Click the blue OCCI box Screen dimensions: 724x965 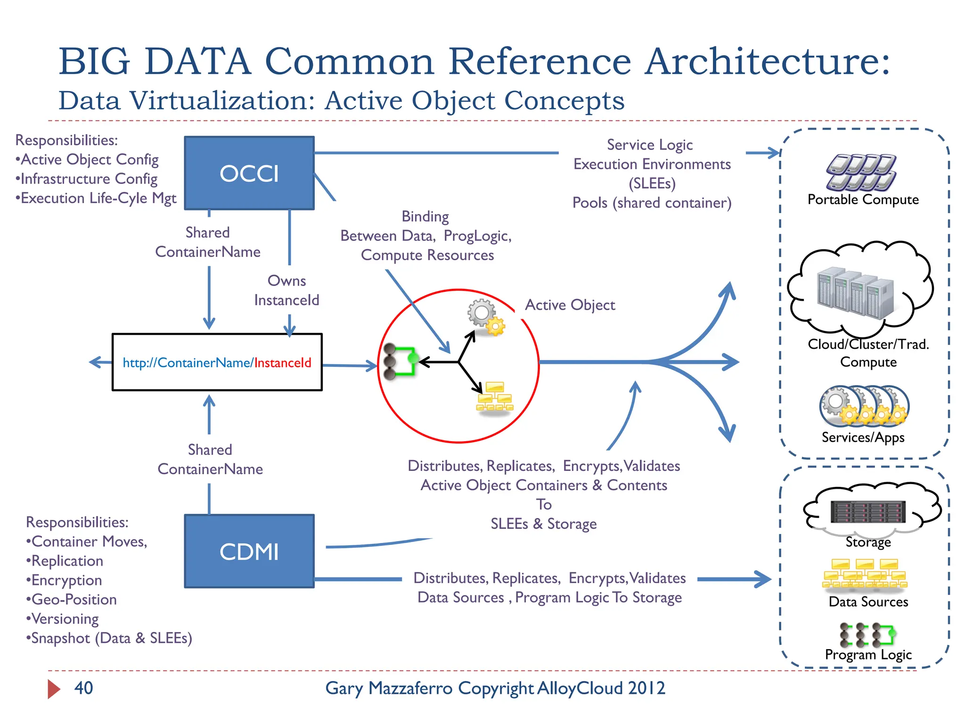tap(249, 173)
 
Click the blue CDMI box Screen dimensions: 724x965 tap(249, 551)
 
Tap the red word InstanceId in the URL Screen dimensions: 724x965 tap(283, 362)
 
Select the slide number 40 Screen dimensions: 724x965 tap(83, 688)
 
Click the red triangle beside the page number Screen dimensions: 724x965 tap(53, 689)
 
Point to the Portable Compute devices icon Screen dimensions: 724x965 tap(861, 172)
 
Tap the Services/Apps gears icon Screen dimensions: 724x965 tap(863, 406)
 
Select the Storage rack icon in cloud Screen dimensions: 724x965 tap(867, 512)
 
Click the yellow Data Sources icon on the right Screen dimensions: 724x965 tap(865, 574)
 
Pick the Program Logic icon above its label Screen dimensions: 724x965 tap(867, 634)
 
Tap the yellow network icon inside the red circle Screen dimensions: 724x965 tap(494, 397)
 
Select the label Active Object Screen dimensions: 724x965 tap(570, 305)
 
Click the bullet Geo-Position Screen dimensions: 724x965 tap(72, 599)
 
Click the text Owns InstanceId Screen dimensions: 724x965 tap(286, 290)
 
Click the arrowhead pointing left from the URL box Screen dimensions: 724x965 tap(94, 362)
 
